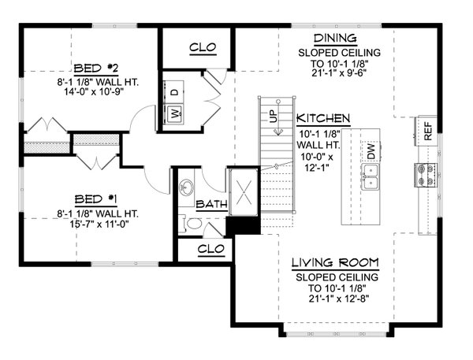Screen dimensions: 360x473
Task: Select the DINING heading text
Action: coord(335,39)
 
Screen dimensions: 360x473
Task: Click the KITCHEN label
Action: coord(323,118)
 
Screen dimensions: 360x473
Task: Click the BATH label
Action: coord(210,204)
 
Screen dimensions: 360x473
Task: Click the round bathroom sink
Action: coord(187,188)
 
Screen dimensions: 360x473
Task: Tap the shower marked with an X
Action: coord(240,191)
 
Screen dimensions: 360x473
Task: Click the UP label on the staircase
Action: coord(274,117)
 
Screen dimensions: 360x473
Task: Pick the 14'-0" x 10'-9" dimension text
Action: coord(96,90)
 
